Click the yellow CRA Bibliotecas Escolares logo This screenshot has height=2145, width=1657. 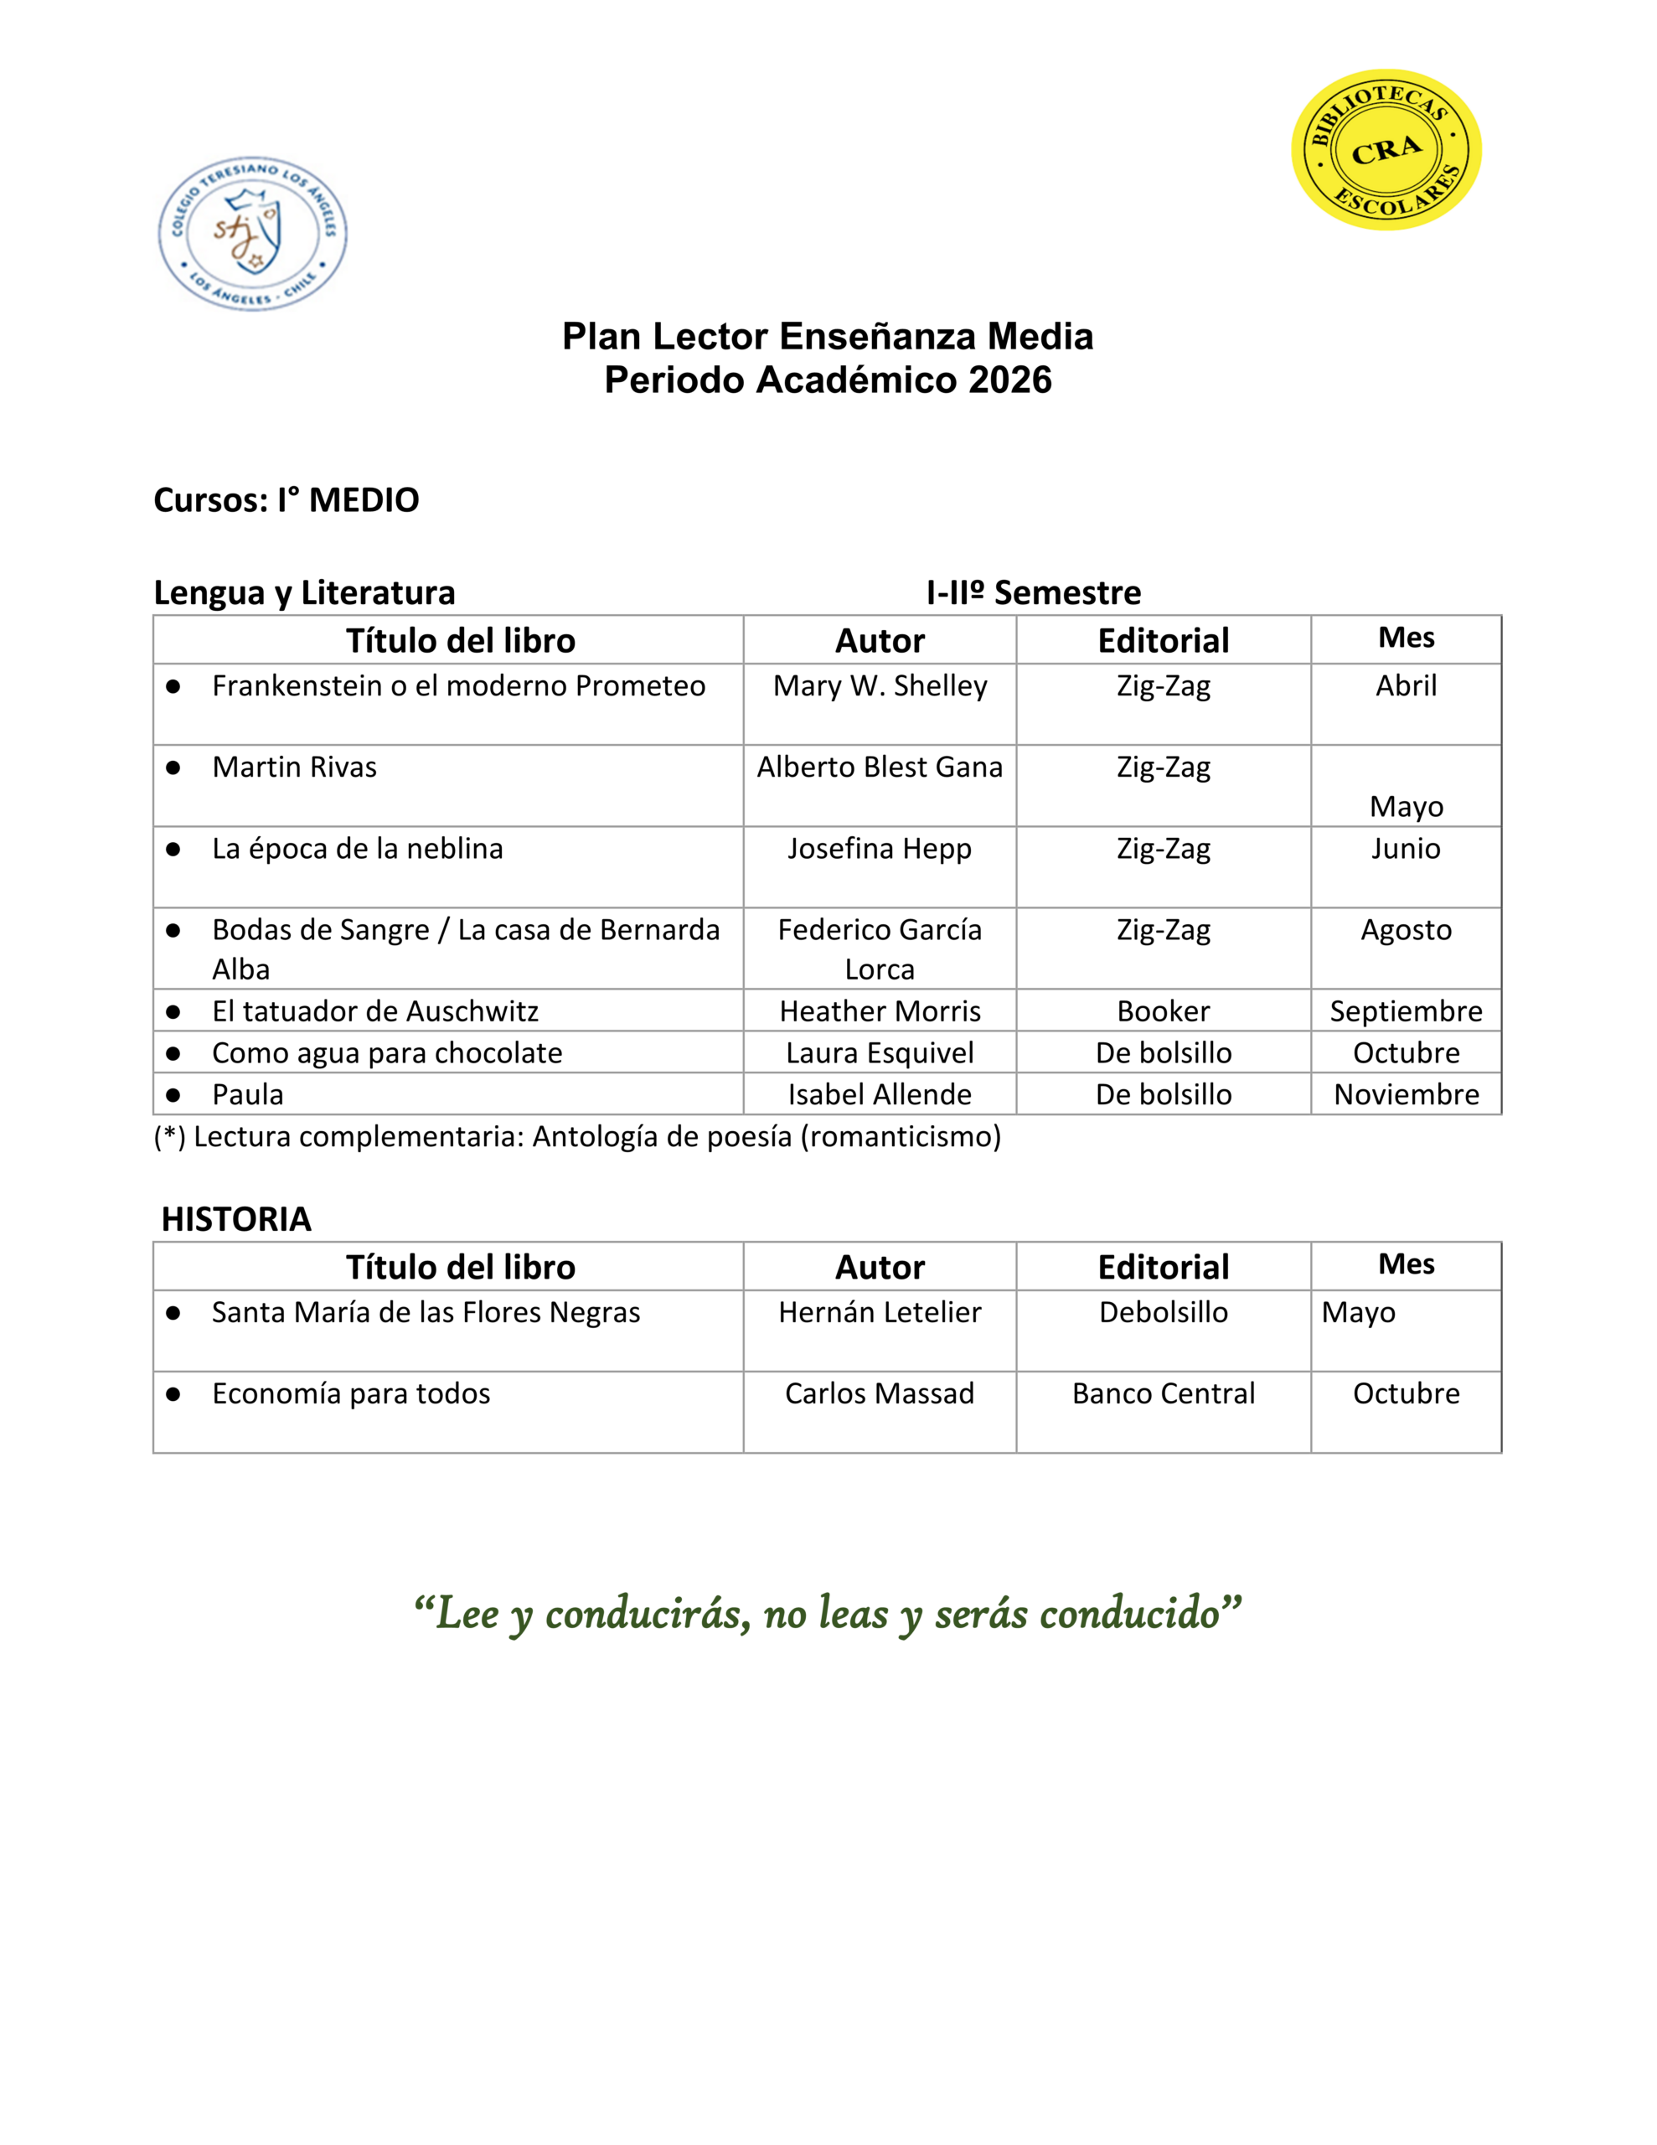[1385, 150]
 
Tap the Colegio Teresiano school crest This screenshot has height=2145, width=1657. [252, 234]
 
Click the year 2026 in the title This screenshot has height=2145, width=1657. [1009, 380]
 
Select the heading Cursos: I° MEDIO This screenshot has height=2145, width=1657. [286, 500]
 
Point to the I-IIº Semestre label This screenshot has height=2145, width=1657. [1033, 592]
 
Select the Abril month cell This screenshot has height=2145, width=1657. [1406, 685]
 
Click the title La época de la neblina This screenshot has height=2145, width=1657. [358, 849]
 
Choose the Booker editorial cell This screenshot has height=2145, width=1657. [1163, 1010]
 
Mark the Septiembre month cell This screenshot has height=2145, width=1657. [1406, 1010]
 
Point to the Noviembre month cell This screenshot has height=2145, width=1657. [1406, 1094]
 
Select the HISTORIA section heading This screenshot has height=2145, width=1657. [235, 1219]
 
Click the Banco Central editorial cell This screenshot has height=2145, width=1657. [1163, 1393]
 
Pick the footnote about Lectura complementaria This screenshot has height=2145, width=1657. [577, 1136]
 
